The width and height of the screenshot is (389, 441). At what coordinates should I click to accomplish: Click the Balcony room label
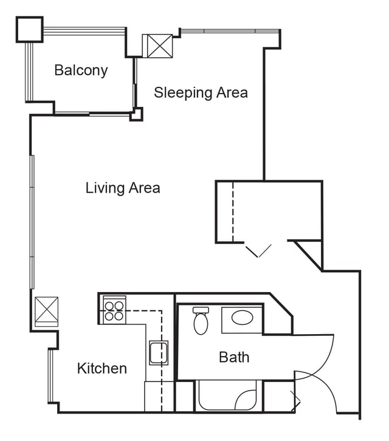[81, 70]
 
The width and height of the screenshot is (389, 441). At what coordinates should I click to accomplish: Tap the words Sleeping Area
[201, 92]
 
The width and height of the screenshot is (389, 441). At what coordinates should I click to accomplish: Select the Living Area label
[123, 188]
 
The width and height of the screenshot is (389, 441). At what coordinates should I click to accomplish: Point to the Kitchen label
[102, 369]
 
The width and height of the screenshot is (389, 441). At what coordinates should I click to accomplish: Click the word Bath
[234, 357]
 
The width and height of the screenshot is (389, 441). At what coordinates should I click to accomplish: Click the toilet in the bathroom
[201, 320]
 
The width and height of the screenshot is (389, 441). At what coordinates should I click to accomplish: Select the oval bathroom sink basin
[242, 317]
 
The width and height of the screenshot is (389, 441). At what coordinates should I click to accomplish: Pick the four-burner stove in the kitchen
[114, 310]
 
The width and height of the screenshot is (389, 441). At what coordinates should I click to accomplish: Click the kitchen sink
[159, 353]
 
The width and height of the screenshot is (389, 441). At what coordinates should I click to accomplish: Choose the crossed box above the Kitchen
[46, 312]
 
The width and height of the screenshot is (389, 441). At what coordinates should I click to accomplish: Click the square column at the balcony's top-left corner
[30, 30]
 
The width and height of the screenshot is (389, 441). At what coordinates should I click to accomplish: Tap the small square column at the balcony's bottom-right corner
[137, 114]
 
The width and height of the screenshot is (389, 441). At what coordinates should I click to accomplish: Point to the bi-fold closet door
[258, 251]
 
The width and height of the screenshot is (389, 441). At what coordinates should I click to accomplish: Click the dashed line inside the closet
[233, 211]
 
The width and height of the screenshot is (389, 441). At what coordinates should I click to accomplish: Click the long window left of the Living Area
[32, 222]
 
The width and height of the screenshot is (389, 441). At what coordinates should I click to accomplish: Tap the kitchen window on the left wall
[50, 376]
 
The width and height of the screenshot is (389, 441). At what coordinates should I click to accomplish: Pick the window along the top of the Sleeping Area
[230, 30]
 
